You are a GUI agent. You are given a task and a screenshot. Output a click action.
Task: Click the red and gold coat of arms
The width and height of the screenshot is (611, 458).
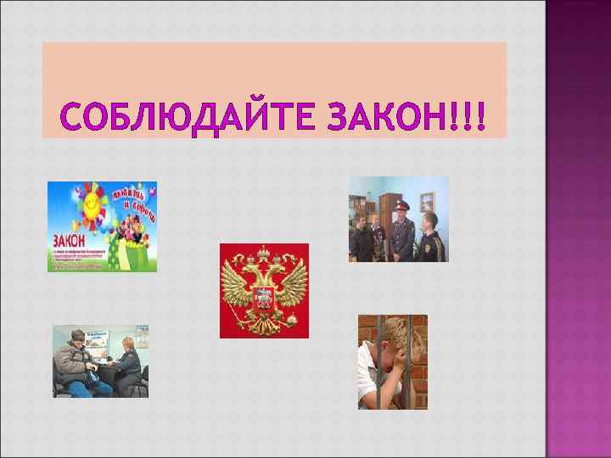pyautogui.click(x=264, y=290)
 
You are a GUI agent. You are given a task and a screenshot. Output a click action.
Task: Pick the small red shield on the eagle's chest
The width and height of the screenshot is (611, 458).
pyautogui.click(x=263, y=297)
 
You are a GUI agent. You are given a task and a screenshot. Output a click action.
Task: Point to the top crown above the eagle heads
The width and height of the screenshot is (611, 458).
pyautogui.click(x=264, y=252)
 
